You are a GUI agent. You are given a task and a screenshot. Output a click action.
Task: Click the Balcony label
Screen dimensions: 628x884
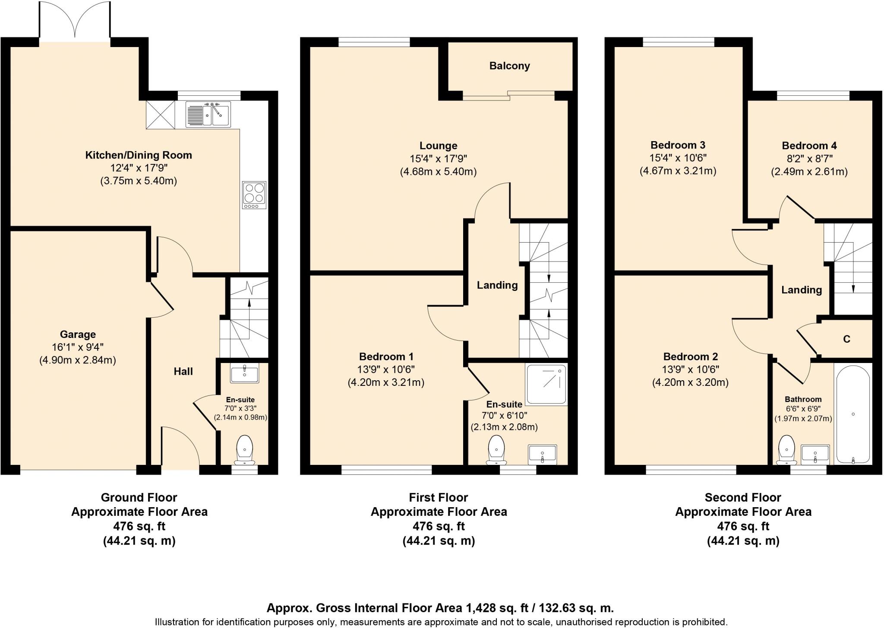(x=509, y=66)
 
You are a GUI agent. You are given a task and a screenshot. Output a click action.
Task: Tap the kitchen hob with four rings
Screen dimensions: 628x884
(x=254, y=195)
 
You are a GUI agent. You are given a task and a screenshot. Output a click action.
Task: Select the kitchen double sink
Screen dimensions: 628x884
(x=208, y=114)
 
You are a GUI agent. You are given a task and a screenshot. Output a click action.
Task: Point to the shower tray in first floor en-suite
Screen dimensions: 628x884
(x=546, y=384)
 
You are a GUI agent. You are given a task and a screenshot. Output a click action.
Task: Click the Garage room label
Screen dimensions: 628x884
(x=78, y=335)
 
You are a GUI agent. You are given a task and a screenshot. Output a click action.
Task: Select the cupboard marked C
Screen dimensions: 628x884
(x=846, y=339)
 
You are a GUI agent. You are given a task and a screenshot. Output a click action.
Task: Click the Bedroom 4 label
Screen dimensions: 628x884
(x=809, y=145)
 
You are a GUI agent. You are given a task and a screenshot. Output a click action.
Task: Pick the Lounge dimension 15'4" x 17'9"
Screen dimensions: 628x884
(x=438, y=159)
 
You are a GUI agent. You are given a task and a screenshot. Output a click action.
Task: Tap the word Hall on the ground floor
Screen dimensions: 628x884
(x=183, y=372)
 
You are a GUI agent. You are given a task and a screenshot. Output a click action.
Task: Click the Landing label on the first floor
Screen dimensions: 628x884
(x=497, y=285)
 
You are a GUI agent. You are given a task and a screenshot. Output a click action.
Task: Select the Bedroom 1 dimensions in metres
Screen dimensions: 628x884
(x=386, y=382)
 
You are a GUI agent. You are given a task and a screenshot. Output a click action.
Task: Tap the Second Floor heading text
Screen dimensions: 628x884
(x=742, y=498)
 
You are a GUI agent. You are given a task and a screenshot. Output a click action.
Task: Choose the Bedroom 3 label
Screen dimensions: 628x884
(x=677, y=145)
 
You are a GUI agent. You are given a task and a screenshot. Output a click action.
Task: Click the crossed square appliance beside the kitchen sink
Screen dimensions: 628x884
(x=161, y=114)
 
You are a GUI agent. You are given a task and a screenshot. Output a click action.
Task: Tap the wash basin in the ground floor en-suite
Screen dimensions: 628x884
(x=245, y=374)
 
